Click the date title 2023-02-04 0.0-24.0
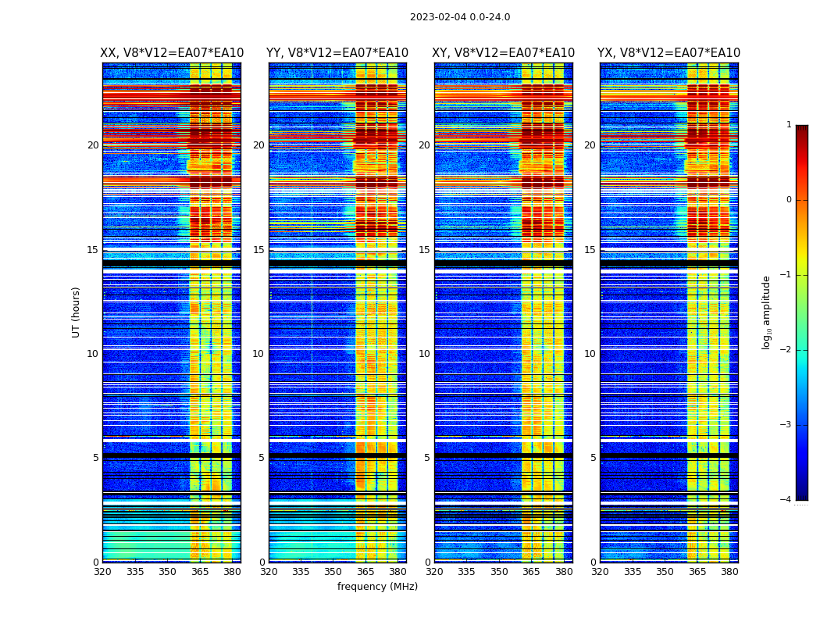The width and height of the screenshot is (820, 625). click(x=460, y=17)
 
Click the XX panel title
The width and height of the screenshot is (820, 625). click(x=172, y=53)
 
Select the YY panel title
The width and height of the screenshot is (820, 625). click(x=337, y=53)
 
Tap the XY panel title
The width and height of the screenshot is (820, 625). click(x=504, y=53)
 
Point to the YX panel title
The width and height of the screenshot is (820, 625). click(x=669, y=53)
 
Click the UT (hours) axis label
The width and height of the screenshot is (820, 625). click(x=77, y=312)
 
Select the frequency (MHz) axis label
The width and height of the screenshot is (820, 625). click(x=377, y=587)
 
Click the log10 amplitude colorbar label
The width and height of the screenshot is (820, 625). click(x=766, y=312)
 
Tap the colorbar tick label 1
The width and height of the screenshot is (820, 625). click(x=789, y=125)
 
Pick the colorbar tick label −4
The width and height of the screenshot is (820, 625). click(x=786, y=500)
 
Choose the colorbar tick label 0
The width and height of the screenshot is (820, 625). click(x=789, y=200)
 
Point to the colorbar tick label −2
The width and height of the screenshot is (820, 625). click(x=786, y=350)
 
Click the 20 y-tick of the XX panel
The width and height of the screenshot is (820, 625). click(x=93, y=145)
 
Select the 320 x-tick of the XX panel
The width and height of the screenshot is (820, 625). click(x=103, y=572)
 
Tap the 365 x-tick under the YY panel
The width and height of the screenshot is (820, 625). click(x=366, y=572)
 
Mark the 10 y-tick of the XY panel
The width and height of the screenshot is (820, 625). click(x=424, y=354)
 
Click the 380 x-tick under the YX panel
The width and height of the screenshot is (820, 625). click(x=729, y=572)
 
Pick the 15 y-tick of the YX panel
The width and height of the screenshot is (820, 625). click(x=590, y=250)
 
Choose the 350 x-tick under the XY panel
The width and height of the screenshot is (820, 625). click(x=499, y=572)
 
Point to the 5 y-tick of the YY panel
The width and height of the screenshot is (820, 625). click(x=262, y=458)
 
